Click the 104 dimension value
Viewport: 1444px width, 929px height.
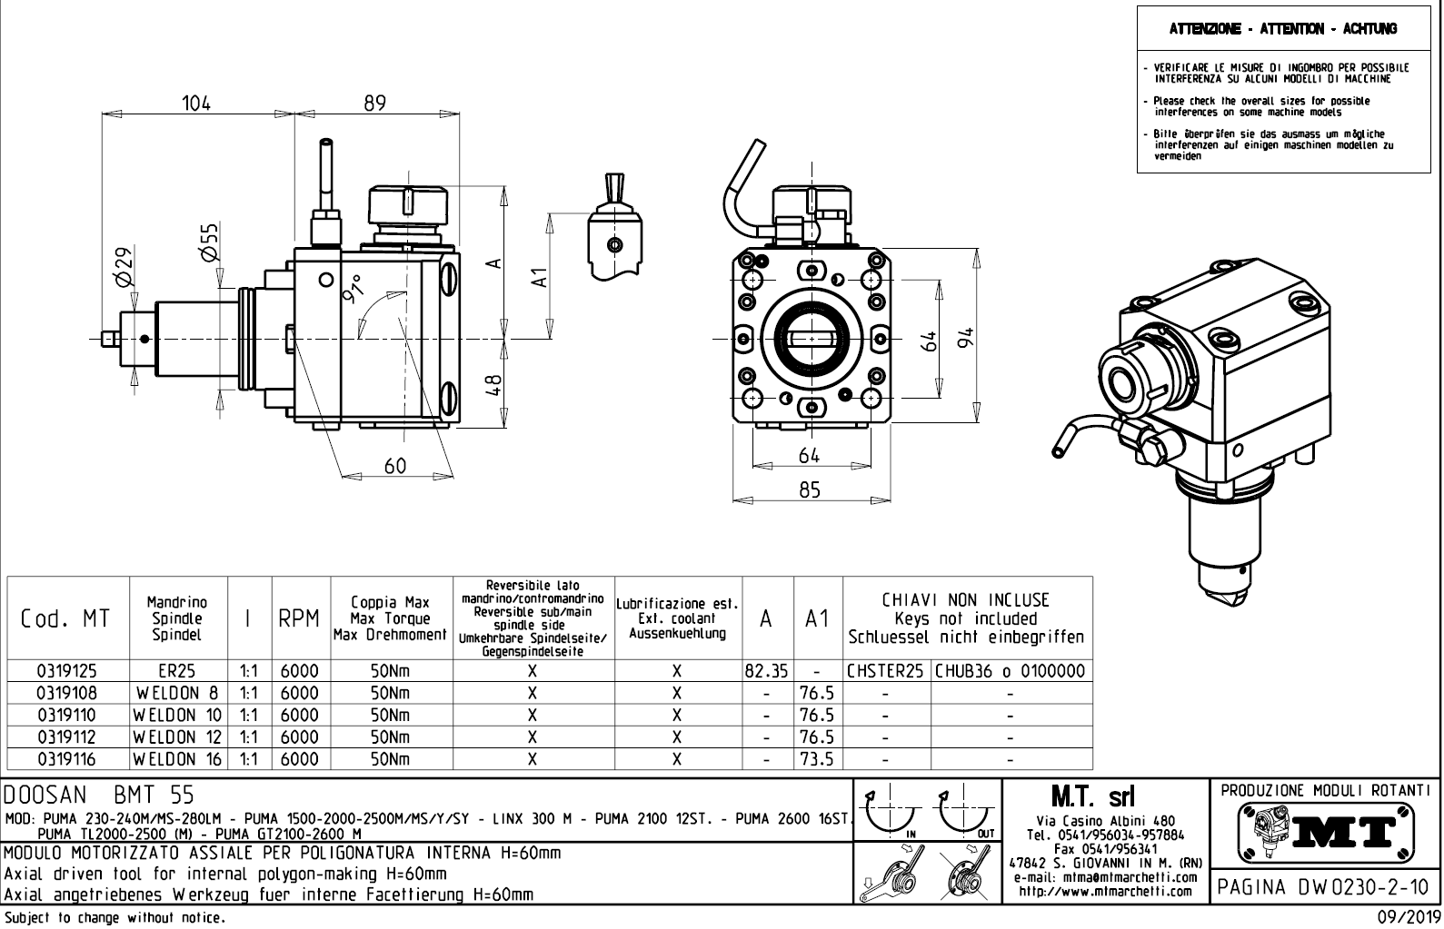195,104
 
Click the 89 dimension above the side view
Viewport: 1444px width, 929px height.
374,104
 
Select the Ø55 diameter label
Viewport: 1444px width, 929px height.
209,242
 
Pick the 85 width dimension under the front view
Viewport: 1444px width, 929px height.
809,490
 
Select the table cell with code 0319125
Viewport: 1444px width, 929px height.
66,672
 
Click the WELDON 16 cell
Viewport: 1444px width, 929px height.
178,759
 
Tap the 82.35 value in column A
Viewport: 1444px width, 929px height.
766,672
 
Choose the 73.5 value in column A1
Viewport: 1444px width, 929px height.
817,759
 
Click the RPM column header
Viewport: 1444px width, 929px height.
299,619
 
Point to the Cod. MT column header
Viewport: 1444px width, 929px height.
65,619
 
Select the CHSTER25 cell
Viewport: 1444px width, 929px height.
886,672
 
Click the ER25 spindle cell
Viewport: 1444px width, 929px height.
177,672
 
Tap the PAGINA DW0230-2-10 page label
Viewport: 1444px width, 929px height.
1323,886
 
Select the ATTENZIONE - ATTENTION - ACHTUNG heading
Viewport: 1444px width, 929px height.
1283,29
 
